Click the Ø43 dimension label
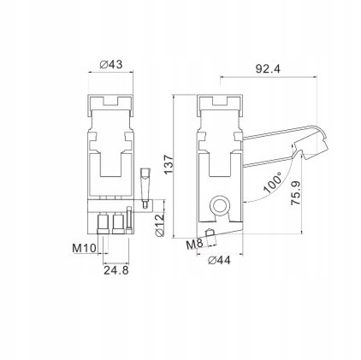click(x=111, y=64)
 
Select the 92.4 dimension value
click(x=268, y=69)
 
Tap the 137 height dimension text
click(x=169, y=164)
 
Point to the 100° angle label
click(x=273, y=183)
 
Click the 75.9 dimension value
click(x=296, y=193)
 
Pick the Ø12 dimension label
click(x=160, y=225)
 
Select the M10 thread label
click(x=84, y=248)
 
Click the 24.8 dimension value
click(x=116, y=269)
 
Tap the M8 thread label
click(x=194, y=244)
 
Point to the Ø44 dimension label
click(x=219, y=261)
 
